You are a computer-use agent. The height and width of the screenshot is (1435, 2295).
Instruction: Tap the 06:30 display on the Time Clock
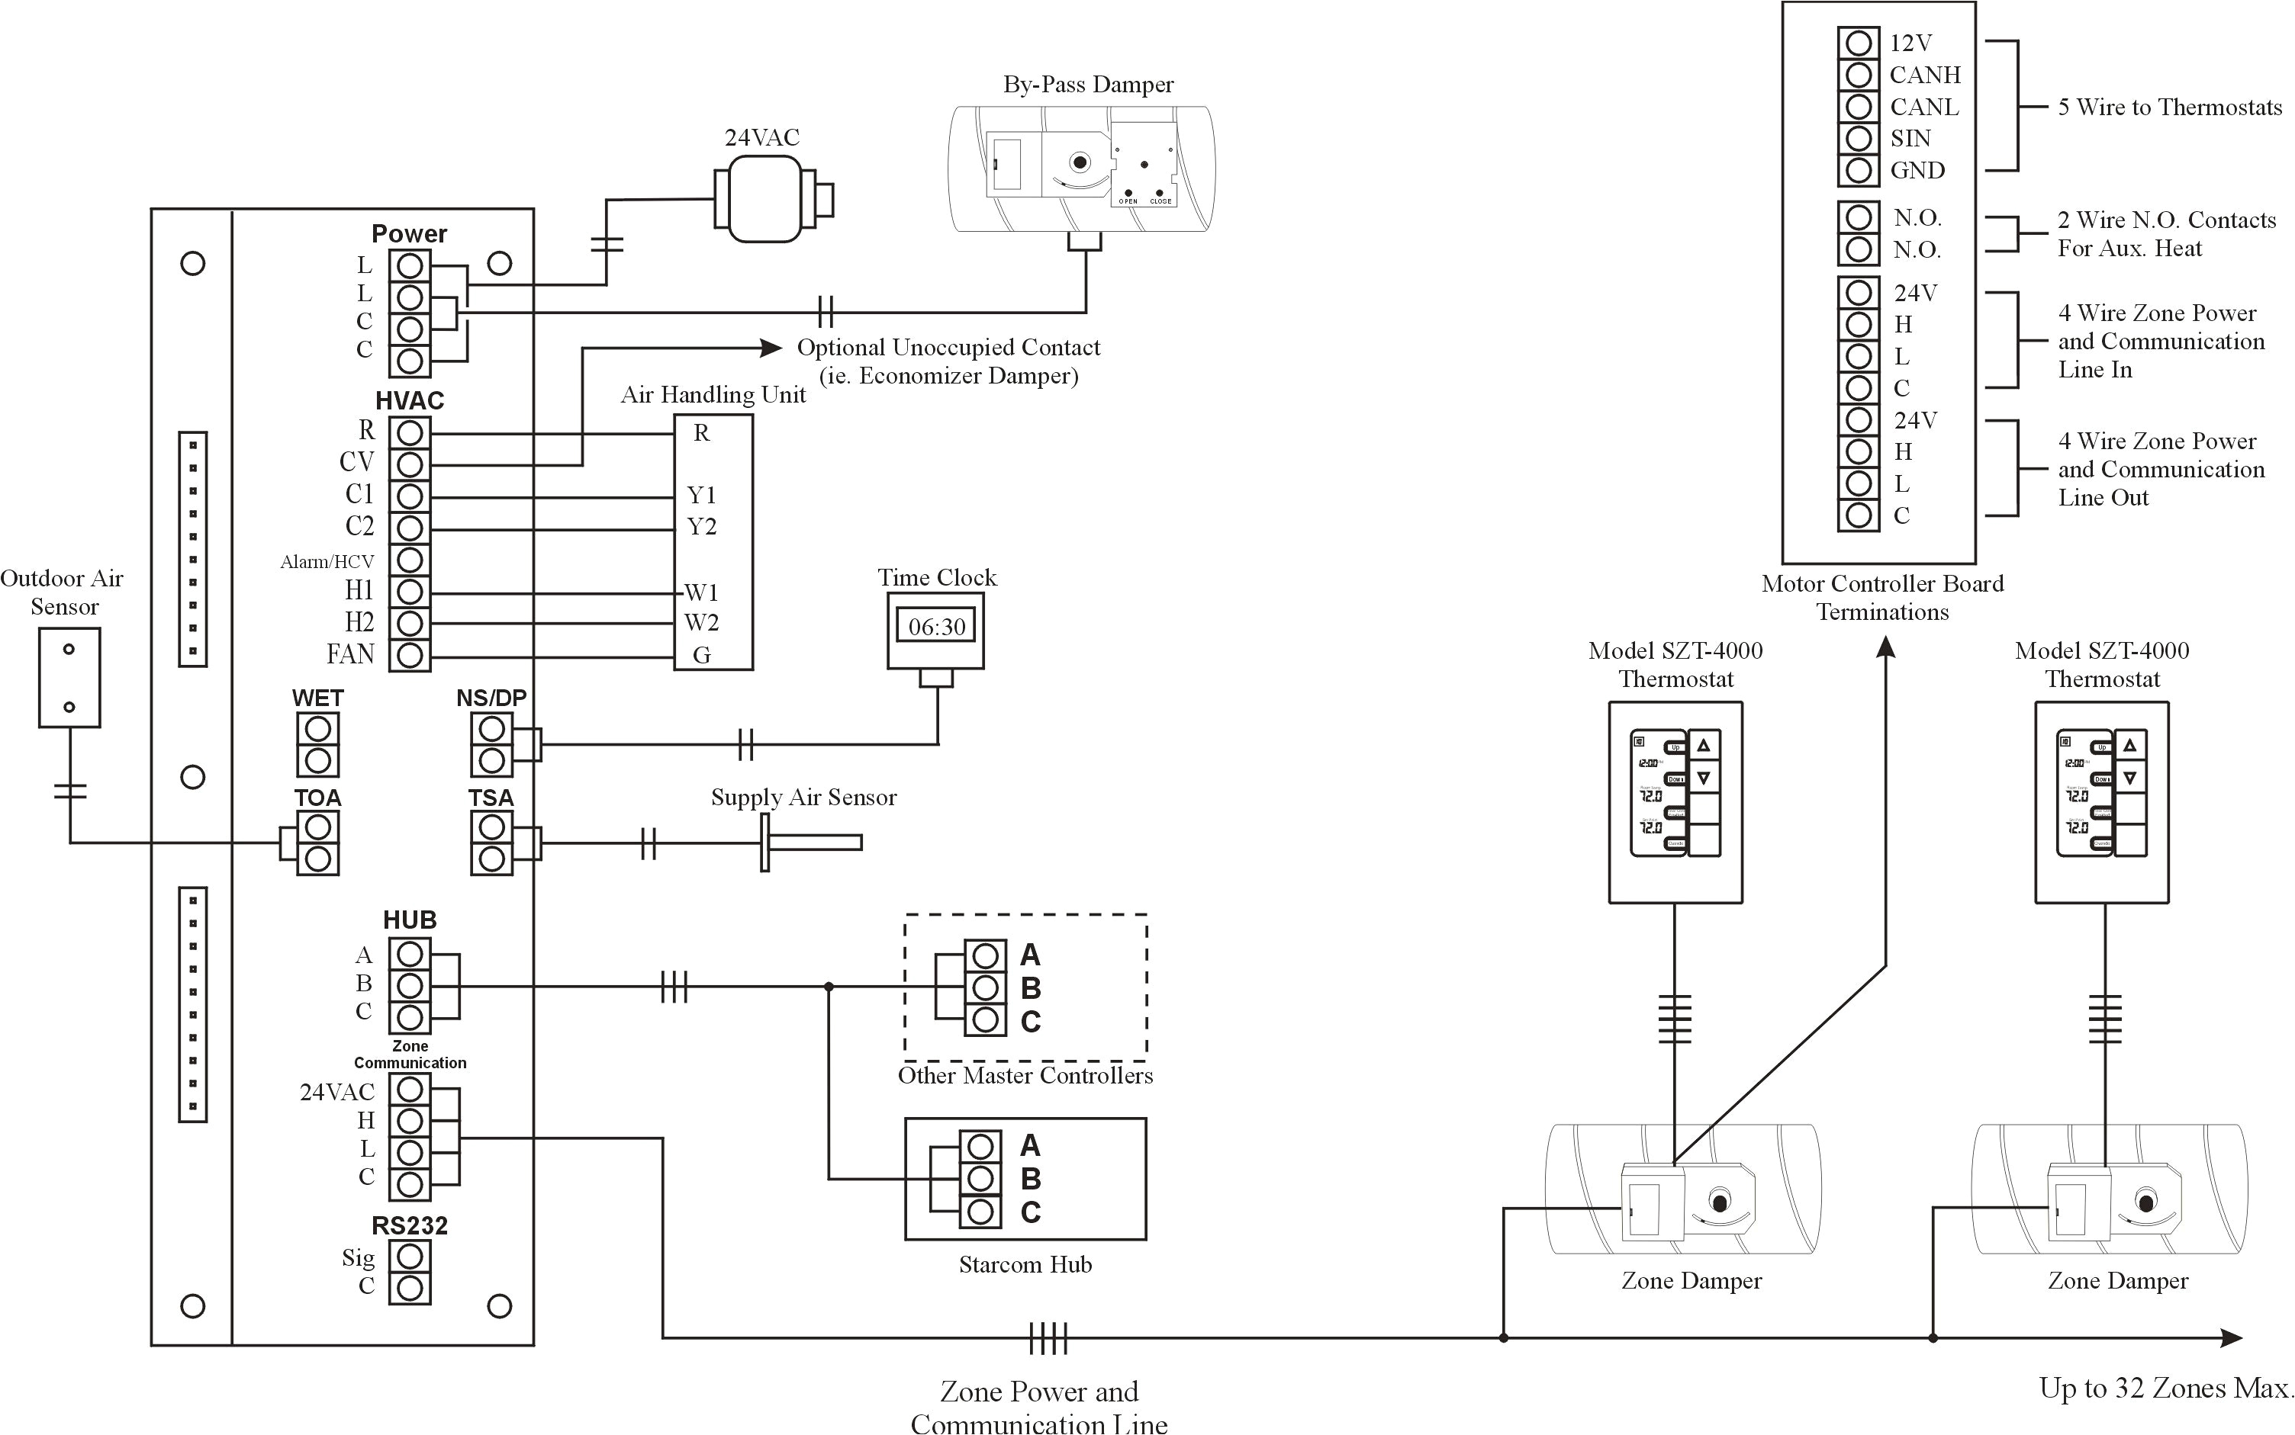936,627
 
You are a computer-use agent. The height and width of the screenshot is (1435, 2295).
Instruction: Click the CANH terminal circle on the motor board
1859,75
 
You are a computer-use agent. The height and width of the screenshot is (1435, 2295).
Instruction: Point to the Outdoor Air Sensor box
69,678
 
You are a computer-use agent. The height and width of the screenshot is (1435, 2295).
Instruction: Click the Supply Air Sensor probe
812,842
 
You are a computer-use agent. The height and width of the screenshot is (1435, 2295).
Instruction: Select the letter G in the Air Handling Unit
702,655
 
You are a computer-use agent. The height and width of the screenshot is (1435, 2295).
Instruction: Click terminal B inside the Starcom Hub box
981,1179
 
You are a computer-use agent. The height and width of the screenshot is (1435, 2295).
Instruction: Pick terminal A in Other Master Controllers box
986,955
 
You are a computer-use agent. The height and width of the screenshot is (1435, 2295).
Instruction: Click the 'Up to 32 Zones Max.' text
2165,1388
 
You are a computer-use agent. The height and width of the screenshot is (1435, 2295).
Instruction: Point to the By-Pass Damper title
1088,85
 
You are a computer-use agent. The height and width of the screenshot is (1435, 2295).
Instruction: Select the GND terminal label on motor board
1917,171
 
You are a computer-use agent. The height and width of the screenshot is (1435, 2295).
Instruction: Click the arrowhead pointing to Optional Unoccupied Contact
772,348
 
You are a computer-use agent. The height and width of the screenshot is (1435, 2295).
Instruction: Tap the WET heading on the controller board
317,698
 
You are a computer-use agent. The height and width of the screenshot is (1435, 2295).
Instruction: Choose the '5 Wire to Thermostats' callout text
2168,108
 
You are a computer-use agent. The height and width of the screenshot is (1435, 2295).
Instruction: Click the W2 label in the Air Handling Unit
702,623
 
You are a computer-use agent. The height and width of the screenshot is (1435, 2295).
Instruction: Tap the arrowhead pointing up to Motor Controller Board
1886,647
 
